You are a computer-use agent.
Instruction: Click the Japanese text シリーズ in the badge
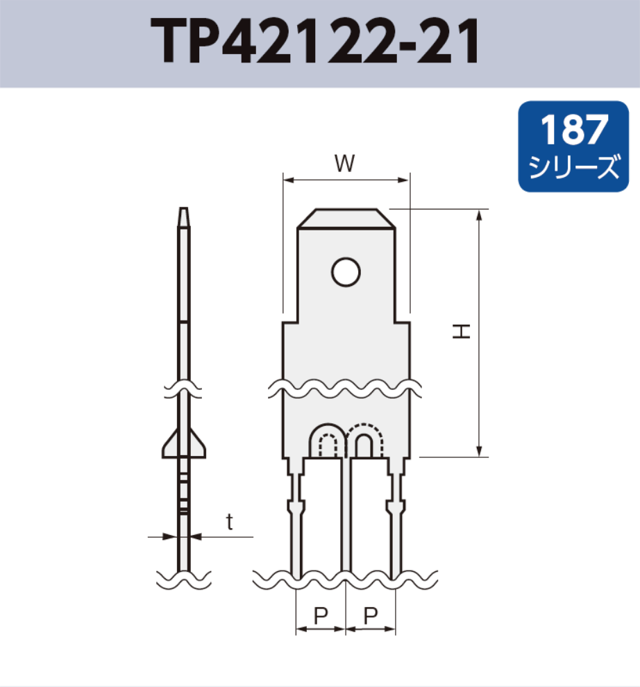(573, 167)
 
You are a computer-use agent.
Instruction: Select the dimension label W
(345, 164)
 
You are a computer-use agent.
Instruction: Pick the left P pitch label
(320, 615)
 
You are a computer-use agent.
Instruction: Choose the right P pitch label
(371, 615)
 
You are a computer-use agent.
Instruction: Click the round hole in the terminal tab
(346, 272)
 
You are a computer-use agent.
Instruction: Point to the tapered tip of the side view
(183, 216)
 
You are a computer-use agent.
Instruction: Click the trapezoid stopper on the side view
(184, 444)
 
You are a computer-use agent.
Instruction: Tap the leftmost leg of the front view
(296, 527)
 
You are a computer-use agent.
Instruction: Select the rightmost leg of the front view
(395, 527)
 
